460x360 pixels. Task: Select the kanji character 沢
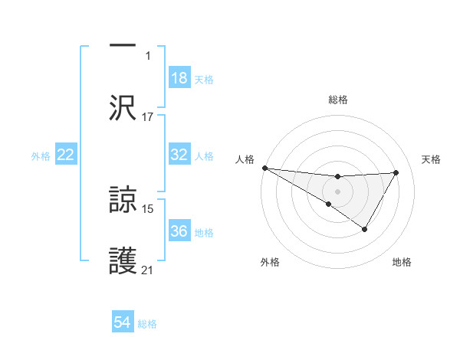(x=123, y=107)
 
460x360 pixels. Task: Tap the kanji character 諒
(x=123, y=199)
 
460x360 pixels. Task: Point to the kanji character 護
(x=123, y=260)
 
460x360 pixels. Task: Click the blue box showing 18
(x=179, y=78)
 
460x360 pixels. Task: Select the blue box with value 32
(x=179, y=155)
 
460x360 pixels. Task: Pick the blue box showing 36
(x=179, y=231)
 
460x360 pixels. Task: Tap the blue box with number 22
(x=66, y=155)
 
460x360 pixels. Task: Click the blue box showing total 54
(x=123, y=322)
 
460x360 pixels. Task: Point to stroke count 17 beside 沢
(x=148, y=117)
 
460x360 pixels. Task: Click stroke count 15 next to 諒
(x=148, y=208)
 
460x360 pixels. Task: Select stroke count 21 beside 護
(x=148, y=270)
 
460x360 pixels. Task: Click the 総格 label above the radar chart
(x=337, y=100)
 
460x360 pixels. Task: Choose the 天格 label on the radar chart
(x=431, y=159)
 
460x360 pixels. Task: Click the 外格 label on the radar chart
(x=270, y=263)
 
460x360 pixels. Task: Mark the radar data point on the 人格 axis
(x=264, y=168)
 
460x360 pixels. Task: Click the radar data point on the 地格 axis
(x=365, y=229)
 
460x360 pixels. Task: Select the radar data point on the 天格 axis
(x=396, y=172)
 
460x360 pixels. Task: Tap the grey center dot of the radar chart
(x=337, y=191)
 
